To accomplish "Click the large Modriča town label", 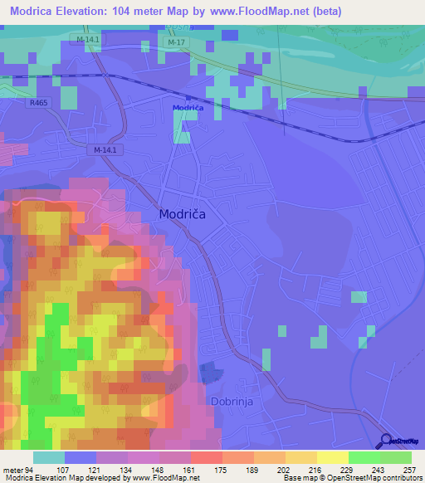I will click(182, 213).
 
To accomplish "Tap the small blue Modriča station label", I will click(188, 108).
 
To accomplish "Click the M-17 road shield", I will click(174, 42).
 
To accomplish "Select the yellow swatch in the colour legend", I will click(333, 457).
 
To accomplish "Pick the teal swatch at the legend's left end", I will click(49, 457).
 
